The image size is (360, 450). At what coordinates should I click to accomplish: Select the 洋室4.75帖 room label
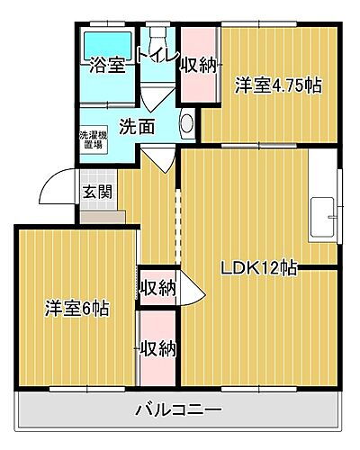coord(279,85)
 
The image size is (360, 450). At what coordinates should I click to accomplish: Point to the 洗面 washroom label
coord(136,126)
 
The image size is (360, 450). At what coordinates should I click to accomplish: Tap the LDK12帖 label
coord(261,267)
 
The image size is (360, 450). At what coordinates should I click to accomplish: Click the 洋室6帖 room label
coord(78,308)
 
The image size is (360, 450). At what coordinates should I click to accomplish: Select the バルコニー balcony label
coord(178,410)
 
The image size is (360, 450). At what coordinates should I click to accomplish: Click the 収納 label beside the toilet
coord(198,64)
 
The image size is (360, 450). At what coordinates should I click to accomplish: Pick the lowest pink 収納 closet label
coord(157,347)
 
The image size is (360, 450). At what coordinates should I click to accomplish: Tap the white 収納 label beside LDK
coord(157,288)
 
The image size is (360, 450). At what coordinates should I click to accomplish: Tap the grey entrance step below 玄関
coord(101,216)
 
